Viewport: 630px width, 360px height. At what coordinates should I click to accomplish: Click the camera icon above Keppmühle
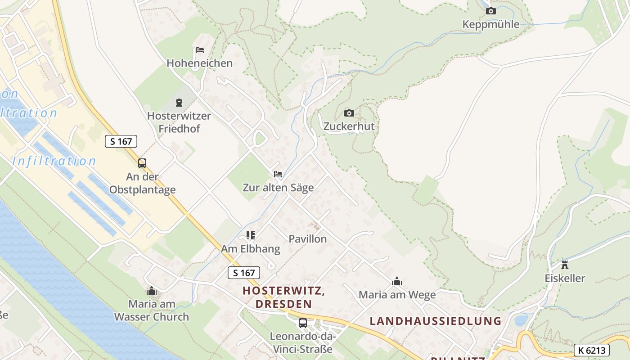pos(491,11)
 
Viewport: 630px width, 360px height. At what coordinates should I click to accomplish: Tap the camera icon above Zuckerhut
pos(349,113)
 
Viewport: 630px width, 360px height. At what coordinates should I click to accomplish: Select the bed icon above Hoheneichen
pos(200,49)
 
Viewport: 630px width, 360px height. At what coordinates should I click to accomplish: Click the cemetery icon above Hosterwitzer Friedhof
pos(179,103)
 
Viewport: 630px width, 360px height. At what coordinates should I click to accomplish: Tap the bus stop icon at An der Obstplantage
pos(142,163)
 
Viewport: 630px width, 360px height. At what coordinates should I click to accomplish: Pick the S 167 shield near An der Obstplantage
pos(121,141)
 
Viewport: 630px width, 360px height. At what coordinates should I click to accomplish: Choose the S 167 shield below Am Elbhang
pos(244,273)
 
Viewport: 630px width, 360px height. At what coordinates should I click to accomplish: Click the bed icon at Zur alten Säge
pos(278,174)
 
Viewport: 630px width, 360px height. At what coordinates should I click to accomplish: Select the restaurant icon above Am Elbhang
pos(251,235)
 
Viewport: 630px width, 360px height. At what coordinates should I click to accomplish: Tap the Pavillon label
pos(308,239)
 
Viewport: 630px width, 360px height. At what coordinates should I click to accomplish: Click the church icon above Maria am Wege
pos(397,282)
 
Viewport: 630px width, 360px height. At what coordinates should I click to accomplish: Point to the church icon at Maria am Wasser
pos(152,291)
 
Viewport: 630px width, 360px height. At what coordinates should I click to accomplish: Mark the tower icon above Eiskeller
pos(565,265)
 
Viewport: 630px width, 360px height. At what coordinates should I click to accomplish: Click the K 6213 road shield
pos(592,350)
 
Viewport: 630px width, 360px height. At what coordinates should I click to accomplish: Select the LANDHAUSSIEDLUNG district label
pos(435,321)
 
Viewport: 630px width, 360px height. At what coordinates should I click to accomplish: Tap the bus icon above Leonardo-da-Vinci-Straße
pos(303,323)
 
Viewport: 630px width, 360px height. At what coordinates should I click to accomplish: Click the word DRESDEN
pos(283,304)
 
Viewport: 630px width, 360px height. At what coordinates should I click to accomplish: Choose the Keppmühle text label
pos(491,24)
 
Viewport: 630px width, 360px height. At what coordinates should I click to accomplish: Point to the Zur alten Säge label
pos(278,188)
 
